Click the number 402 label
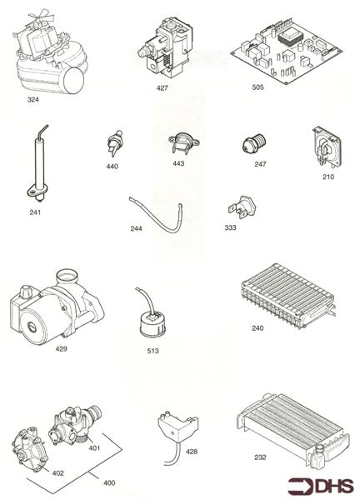58,472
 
